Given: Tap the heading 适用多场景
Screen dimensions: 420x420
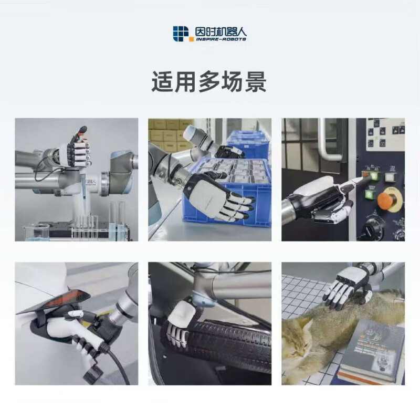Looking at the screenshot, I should [x=209, y=83].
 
